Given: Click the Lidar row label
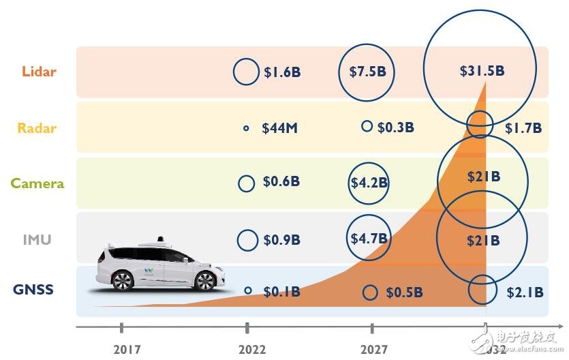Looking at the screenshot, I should (x=39, y=72).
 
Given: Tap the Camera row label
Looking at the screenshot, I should (x=37, y=183).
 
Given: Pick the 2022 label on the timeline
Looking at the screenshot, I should (x=253, y=349).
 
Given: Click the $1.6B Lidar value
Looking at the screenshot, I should (x=282, y=72).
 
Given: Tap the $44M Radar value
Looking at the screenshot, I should (x=279, y=128).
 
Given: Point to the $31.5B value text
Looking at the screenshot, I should (x=482, y=70).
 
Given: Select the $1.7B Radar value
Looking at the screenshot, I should (x=523, y=127).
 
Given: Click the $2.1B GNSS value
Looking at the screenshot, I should (x=525, y=292).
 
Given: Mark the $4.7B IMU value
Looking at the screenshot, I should (x=369, y=239).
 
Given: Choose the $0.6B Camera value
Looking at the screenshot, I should (x=281, y=182).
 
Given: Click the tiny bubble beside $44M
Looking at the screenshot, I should (x=246, y=128).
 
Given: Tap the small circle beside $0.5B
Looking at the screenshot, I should (x=370, y=292).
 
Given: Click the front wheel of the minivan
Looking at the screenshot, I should (x=204, y=281).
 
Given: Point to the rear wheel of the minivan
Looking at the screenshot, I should (x=123, y=281).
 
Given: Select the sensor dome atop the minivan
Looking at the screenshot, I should (x=161, y=241).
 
